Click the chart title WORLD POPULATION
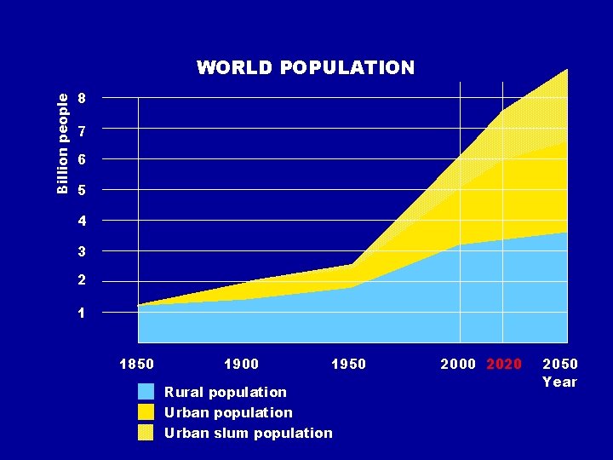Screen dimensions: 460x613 306,67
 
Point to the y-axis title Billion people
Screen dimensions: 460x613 63,143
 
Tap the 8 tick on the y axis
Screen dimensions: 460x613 81,98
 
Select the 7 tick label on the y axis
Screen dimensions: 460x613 81,132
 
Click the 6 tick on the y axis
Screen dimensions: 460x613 81,160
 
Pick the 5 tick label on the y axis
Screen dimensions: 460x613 81,191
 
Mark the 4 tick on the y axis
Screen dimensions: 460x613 81,221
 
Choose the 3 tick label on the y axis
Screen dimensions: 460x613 81,252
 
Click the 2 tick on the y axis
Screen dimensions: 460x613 81,281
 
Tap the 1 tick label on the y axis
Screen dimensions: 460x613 81,313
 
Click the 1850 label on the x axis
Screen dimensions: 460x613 136,365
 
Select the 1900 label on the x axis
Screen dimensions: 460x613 241,365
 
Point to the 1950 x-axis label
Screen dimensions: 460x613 348,365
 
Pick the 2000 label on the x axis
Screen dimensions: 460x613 458,365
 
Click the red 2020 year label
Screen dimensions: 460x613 504,365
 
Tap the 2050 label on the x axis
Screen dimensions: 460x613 559,365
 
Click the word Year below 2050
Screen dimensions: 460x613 559,382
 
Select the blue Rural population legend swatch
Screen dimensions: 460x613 146,392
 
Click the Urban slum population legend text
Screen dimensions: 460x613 249,433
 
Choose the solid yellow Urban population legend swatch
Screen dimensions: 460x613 146,412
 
